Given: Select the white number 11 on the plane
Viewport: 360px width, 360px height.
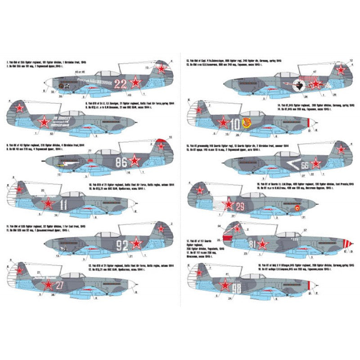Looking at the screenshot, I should tap(63, 205).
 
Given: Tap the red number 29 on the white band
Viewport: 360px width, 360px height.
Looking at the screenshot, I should tap(240, 207).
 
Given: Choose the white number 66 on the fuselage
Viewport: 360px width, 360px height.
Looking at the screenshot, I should tap(306, 164).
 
